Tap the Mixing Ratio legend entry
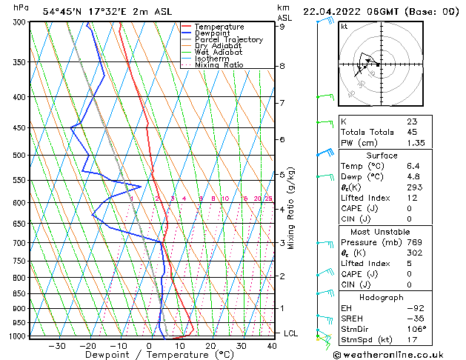click(219, 65)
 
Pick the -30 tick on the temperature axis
click(57, 346)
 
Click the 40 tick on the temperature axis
click(273, 346)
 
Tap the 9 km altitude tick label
click(282, 27)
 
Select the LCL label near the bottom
click(290, 333)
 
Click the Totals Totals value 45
click(412, 133)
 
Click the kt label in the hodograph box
click(344, 27)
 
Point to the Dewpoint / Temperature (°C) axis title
click(149, 356)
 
